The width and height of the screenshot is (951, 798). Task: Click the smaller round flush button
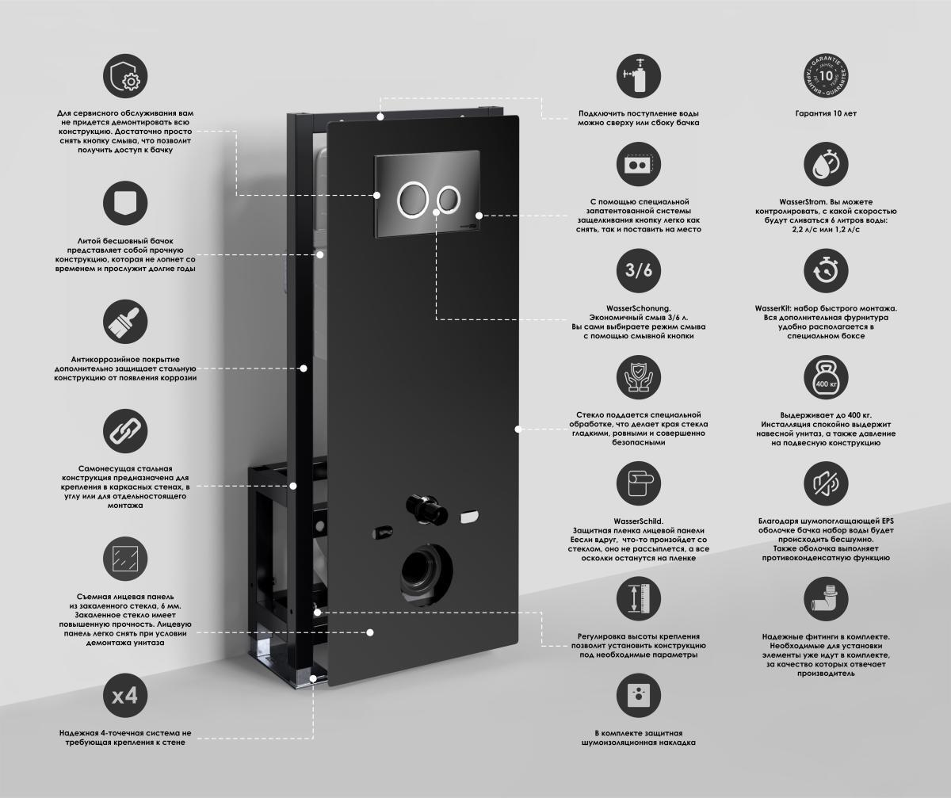pos(449,199)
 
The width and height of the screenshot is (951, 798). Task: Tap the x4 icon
pos(125,696)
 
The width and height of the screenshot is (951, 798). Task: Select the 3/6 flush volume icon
pos(639,271)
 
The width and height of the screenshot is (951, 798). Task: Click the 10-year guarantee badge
pos(826,76)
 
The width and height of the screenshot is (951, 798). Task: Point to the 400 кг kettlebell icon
pos(826,377)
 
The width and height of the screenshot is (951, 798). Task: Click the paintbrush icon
pos(125,322)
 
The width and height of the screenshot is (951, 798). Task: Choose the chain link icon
pos(125,431)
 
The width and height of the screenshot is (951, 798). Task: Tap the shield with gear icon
pos(125,76)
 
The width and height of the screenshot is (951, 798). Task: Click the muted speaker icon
pos(826,483)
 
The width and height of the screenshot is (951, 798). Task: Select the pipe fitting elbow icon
pos(826,598)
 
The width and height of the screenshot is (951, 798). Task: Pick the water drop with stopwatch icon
pos(826,164)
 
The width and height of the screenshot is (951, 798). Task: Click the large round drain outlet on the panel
pos(426,575)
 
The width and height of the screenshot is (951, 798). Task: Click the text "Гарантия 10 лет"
pos(826,113)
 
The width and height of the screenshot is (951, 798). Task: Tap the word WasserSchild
pos(638,521)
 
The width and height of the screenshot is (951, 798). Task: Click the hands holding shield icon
pos(639,377)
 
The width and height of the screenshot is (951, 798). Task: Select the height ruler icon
pos(639,598)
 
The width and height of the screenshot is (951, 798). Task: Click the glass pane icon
pos(125,559)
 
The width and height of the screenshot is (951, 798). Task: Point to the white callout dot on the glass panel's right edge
pos(518,429)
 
